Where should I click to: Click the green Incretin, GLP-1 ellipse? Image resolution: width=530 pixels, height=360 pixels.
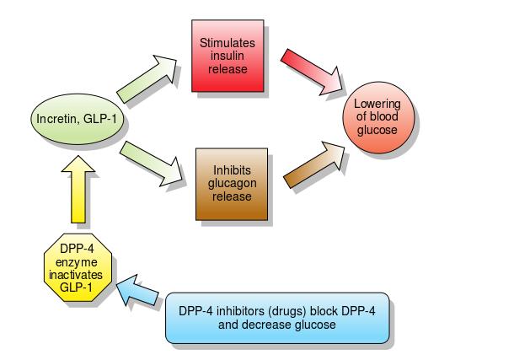[x=78, y=121]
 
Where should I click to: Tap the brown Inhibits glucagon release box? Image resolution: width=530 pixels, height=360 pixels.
[x=231, y=184]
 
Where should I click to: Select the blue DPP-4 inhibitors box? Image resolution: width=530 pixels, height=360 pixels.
[x=276, y=318]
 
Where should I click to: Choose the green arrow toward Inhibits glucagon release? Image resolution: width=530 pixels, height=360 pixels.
[x=150, y=162]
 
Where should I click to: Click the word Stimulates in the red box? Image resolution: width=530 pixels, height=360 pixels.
[x=228, y=42]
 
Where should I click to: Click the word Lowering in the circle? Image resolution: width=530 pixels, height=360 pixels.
[x=383, y=105]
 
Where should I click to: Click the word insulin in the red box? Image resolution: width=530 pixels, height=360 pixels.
[x=228, y=56]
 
